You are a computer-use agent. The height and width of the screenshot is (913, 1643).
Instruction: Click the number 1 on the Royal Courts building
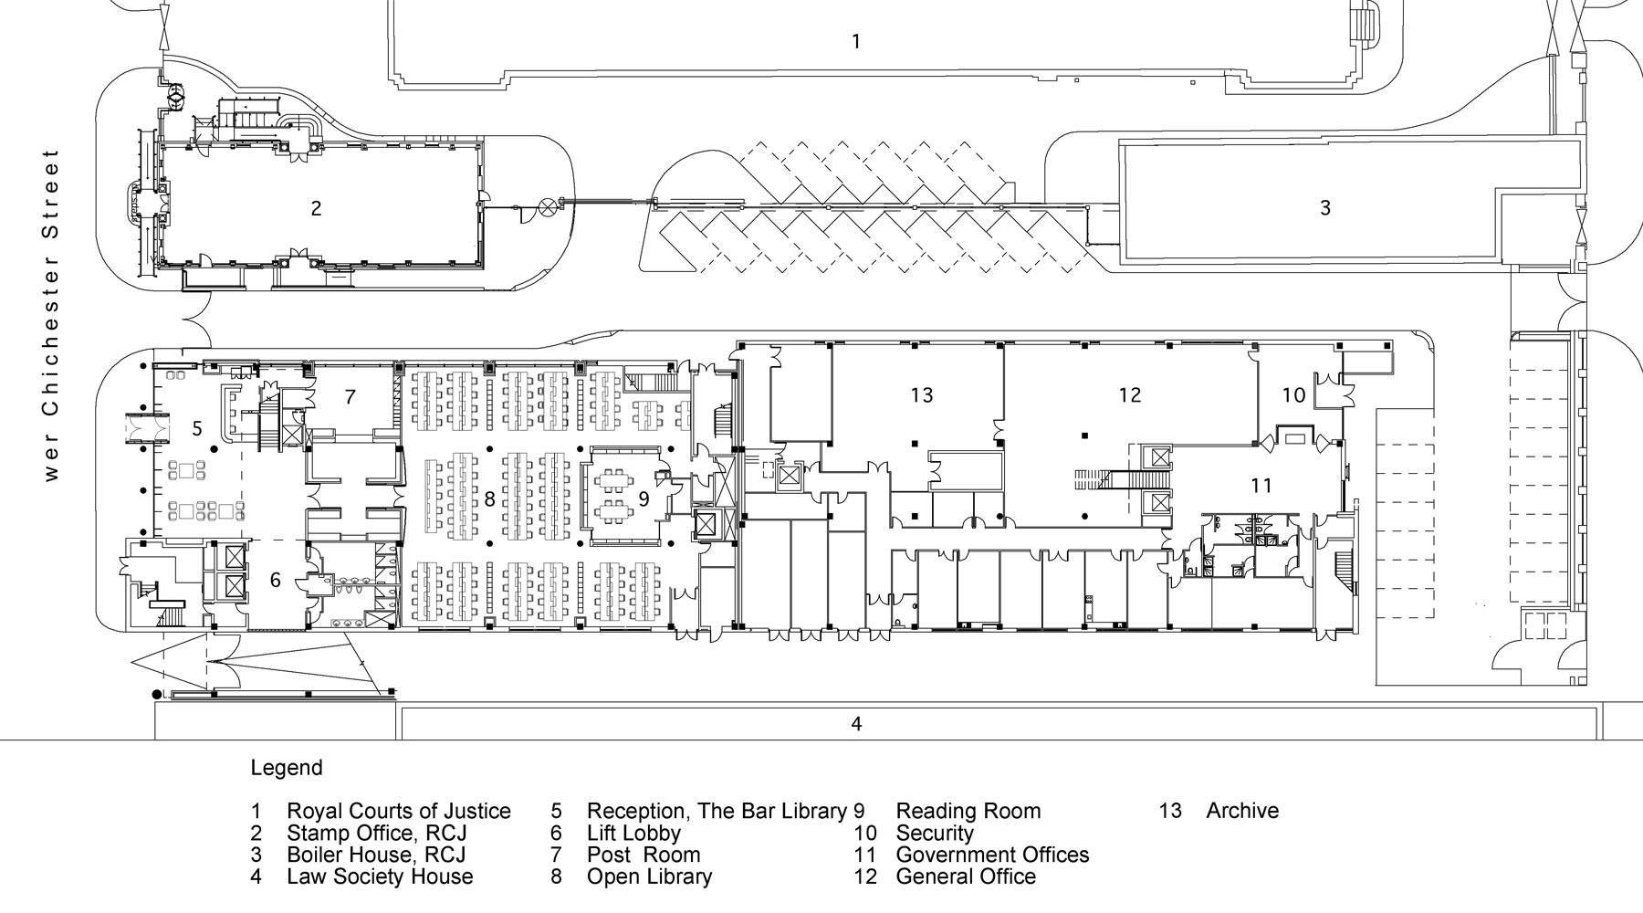(x=855, y=41)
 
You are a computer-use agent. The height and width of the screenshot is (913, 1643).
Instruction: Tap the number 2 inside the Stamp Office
(x=316, y=208)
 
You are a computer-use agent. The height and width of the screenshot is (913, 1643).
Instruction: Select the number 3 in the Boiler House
(x=1324, y=208)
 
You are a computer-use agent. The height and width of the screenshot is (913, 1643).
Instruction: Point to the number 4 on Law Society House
(x=856, y=724)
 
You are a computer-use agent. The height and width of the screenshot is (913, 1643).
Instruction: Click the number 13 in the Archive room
(x=922, y=394)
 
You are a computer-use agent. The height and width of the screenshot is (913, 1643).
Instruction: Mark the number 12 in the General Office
(x=1130, y=394)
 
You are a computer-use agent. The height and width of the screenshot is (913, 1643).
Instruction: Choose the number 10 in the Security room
(x=1293, y=395)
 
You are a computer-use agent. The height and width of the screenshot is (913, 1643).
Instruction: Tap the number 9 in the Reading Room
(x=644, y=498)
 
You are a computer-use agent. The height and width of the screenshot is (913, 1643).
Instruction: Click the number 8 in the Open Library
(x=490, y=498)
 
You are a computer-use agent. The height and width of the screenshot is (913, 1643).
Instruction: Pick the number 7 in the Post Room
(x=350, y=397)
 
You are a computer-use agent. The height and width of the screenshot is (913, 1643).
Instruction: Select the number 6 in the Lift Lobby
(x=276, y=580)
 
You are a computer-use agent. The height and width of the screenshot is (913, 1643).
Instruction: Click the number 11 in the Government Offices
(x=1261, y=486)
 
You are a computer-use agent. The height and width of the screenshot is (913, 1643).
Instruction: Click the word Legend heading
(x=286, y=768)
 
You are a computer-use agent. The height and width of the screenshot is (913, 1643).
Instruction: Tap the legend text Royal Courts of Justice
(x=398, y=811)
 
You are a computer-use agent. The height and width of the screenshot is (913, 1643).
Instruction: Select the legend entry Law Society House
(x=380, y=876)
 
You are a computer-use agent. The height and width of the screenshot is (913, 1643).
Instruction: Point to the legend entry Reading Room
(x=968, y=811)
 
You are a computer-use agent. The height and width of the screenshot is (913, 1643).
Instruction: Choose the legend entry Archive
(x=1241, y=811)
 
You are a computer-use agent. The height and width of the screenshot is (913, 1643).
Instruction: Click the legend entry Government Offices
(x=992, y=855)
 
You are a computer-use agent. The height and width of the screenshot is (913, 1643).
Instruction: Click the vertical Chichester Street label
(x=51, y=315)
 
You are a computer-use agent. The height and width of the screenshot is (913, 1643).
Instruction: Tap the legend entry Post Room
(x=643, y=855)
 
